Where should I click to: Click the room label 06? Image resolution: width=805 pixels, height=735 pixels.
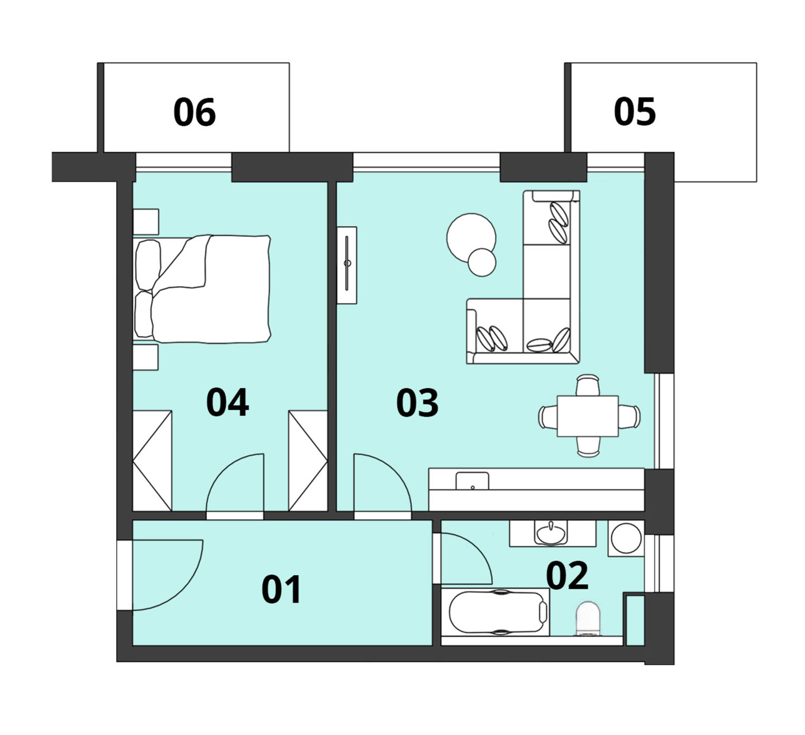[194, 112]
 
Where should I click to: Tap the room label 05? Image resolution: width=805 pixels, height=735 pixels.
[635, 112]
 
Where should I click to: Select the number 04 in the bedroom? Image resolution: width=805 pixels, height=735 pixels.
[227, 402]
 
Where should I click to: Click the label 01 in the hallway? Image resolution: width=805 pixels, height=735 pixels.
[282, 589]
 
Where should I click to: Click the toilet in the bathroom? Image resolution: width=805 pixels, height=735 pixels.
[588, 618]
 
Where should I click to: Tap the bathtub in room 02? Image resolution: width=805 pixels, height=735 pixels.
[495, 612]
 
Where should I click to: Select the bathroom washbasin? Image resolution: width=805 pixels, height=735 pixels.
[551, 533]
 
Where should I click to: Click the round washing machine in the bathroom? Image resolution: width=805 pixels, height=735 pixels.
[626, 538]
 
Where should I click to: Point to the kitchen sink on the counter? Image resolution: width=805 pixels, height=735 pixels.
[472, 481]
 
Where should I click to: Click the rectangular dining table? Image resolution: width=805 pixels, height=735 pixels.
[588, 416]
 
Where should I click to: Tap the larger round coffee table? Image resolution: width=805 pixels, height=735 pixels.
[471, 238]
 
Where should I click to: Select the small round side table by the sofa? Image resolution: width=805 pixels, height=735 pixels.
[482, 262]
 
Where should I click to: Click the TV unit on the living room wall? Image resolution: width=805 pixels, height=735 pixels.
[347, 265]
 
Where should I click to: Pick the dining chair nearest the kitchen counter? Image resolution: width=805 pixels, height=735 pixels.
[588, 447]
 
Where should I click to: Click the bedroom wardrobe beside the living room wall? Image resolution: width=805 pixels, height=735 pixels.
[308, 461]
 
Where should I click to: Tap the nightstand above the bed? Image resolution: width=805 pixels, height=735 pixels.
[146, 222]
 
